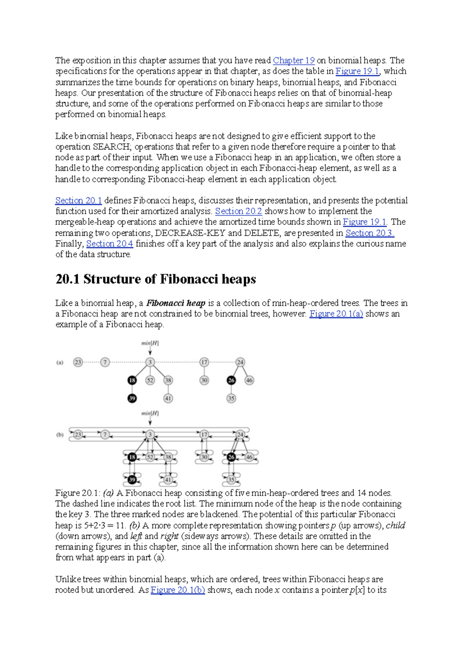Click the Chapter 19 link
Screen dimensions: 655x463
(x=294, y=61)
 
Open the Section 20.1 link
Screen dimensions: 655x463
(x=78, y=201)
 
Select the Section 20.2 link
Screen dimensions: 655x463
(x=238, y=211)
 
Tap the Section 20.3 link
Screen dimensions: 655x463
(x=370, y=233)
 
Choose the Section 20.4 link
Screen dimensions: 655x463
(x=110, y=244)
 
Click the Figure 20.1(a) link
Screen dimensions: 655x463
(x=336, y=314)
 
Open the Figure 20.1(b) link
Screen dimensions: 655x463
(x=177, y=590)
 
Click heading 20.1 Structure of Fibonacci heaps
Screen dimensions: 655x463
(x=155, y=279)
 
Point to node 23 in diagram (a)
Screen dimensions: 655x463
(x=78, y=362)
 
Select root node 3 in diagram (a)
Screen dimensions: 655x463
(x=150, y=362)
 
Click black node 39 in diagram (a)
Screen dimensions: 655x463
(x=132, y=398)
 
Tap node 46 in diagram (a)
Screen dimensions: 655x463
(x=249, y=380)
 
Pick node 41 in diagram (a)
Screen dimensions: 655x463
(x=168, y=398)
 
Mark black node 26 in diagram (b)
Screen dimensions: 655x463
(x=231, y=457)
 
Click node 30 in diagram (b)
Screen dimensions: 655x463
(x=204, y=457)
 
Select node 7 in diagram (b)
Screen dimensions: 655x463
(x=105, y=435)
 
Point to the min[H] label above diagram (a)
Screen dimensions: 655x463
(x=150, y=343)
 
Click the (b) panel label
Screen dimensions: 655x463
(x=60, y=435)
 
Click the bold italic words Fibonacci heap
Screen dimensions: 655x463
(x=176, y=303)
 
